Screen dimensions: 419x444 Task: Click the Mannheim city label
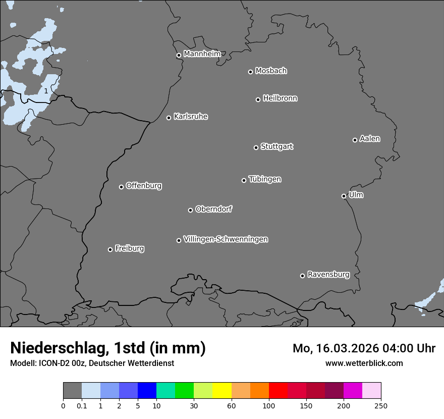(202, 54)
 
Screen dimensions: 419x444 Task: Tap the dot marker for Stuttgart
(256, 147)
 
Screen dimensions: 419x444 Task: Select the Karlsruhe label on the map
(190, 117)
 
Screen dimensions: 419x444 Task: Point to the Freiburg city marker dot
(110, 249)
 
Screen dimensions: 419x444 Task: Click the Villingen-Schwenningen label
(226, 239)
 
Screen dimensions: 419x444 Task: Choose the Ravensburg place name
(328, 275)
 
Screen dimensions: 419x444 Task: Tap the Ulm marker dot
(344, 196)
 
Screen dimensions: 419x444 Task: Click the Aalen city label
(369, 139)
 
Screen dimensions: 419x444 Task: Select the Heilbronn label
(280, 98)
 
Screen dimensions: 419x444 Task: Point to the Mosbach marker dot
(250, 72)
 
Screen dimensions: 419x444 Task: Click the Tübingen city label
(264, 179)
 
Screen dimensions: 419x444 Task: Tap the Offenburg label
(143, 186)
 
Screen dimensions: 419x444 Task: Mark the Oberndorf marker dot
(190, 210)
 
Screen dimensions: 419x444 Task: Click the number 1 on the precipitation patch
(46, 91)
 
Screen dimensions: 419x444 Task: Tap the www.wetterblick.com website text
(364, 363)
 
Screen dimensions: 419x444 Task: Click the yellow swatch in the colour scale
(221, 391)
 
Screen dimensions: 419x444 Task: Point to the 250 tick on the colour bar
(381, 405)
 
